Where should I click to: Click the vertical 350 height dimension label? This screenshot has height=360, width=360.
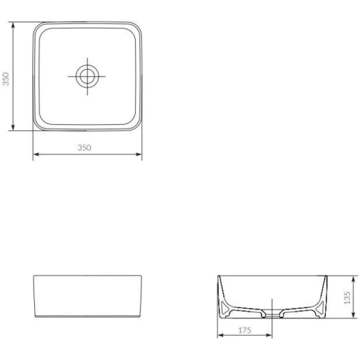(6, 79)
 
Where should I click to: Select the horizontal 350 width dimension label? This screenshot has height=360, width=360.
(85, 148)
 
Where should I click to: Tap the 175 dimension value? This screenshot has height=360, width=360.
(244, 330)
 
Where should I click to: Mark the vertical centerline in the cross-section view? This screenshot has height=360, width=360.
(272, 303)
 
